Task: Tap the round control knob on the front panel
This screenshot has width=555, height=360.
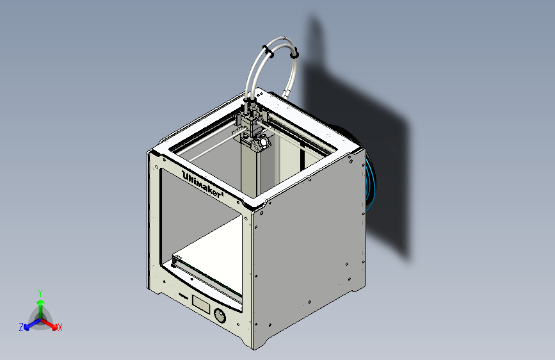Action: pos(220,316)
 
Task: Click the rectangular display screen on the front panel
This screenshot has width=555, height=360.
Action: pos(201,304)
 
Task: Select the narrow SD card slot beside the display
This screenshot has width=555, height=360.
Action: pos(182,296)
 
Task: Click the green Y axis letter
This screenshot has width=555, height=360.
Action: pos(40,292)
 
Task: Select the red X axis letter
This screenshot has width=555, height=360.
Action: pos(60,328)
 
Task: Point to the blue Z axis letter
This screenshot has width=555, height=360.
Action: pos(21,327)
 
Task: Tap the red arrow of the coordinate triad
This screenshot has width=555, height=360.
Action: pos(51,323)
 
